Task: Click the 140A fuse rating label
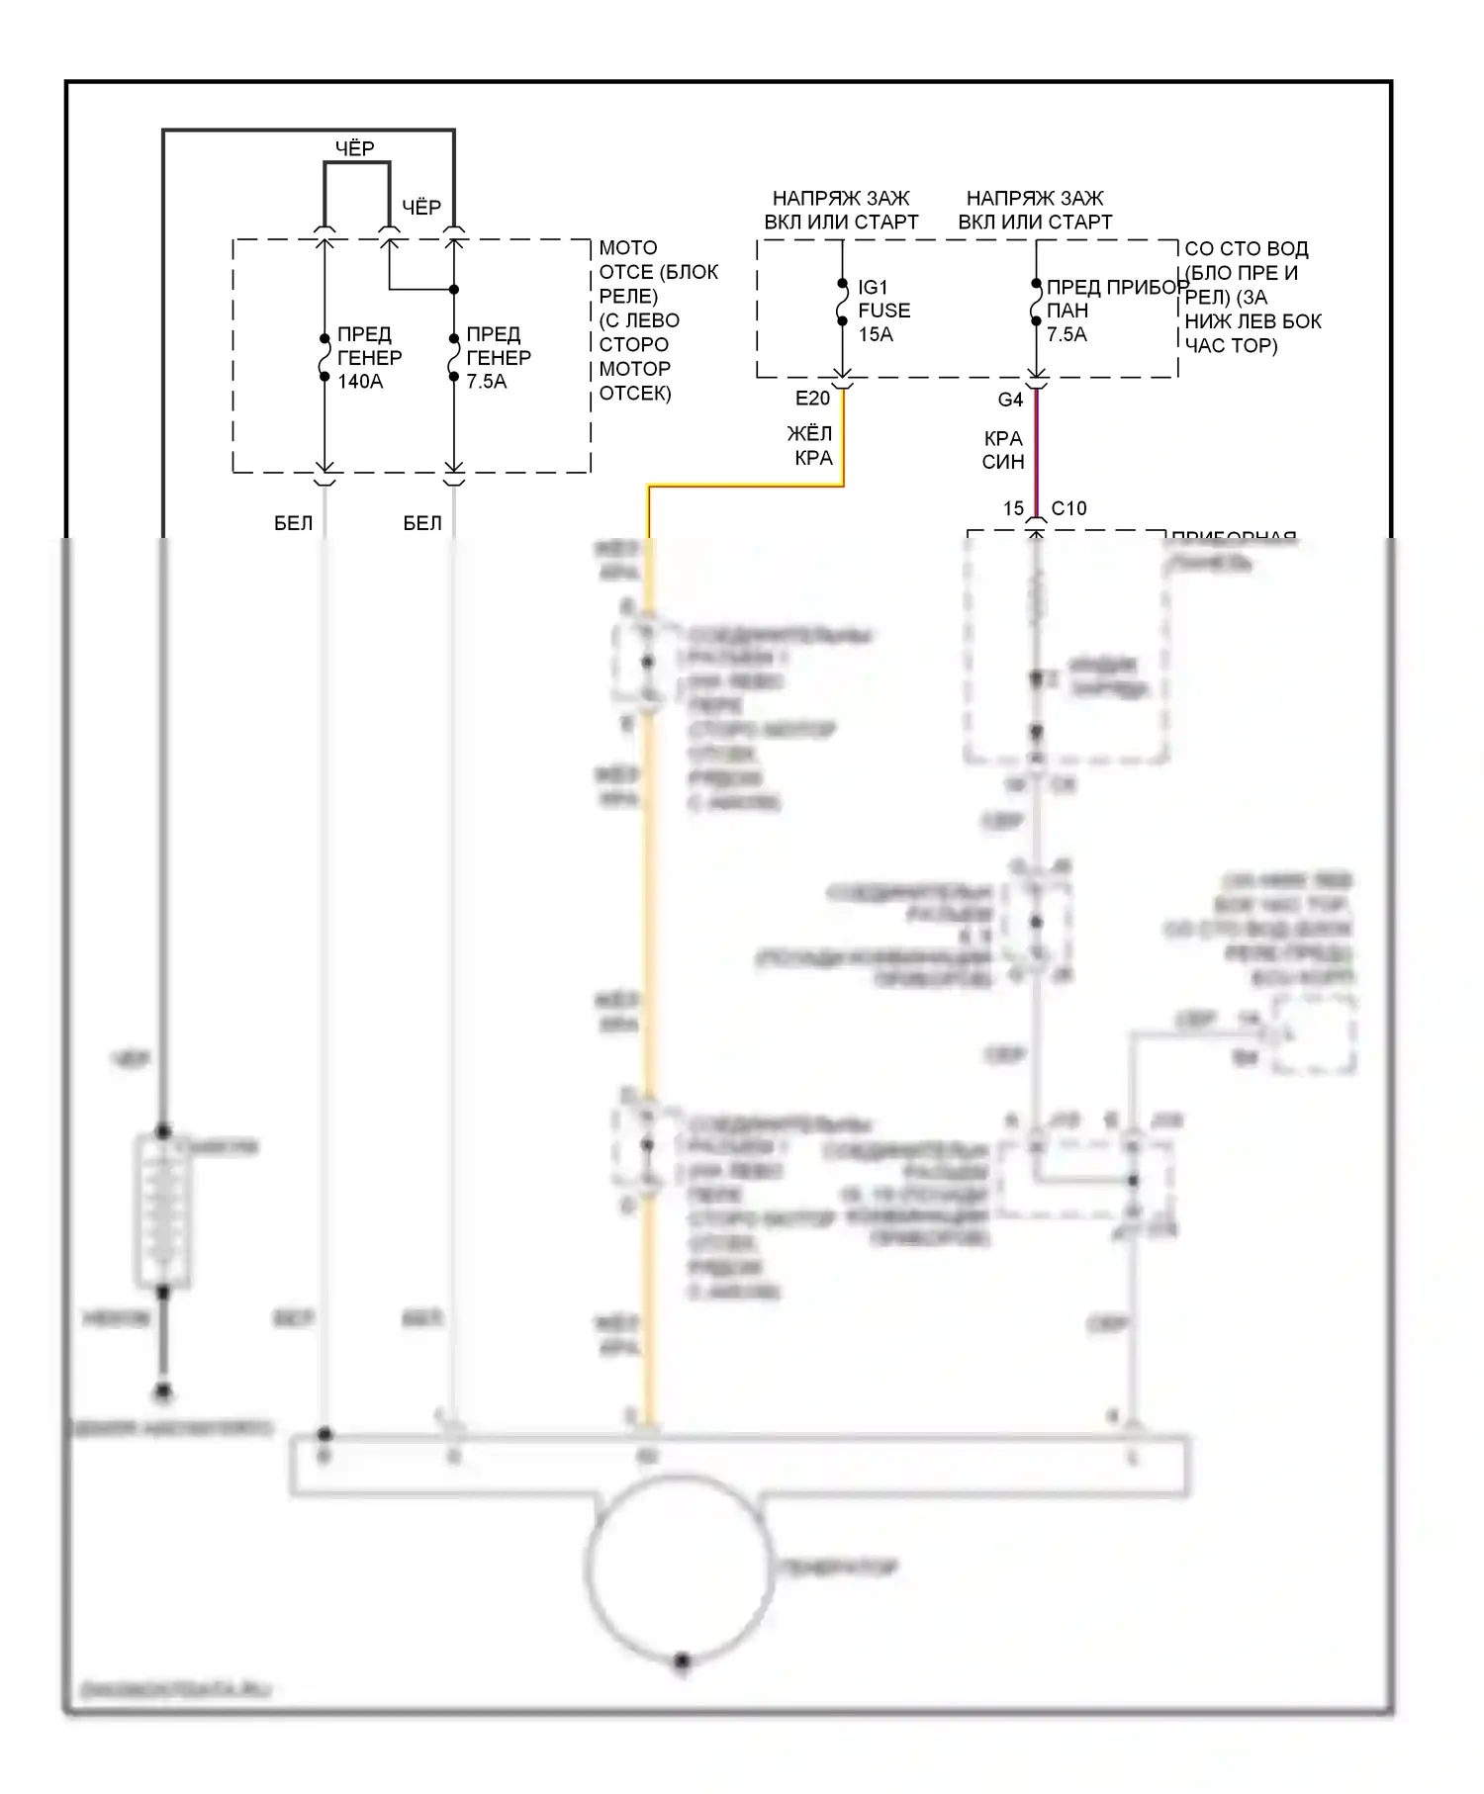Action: click(360, 382)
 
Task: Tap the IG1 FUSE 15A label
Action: click(882, 311)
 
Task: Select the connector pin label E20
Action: click(812, 399)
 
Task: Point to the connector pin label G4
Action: click(1009, 400)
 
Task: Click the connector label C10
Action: click(1068, 508)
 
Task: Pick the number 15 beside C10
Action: click(1013, 508)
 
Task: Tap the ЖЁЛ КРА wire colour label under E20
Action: click(810, 445)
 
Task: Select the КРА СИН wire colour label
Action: click(1003, 450)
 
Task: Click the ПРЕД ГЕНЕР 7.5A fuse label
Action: click(498, 358)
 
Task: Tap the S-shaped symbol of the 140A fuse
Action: click(325, 357)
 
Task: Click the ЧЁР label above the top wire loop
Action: click(354, 148)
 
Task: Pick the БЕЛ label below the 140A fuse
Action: click(293, 523)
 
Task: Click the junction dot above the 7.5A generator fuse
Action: click(454, 290)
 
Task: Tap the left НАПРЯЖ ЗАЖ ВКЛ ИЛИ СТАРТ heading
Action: click(841, 211)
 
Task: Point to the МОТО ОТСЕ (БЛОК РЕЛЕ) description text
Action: click(658, 320)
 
